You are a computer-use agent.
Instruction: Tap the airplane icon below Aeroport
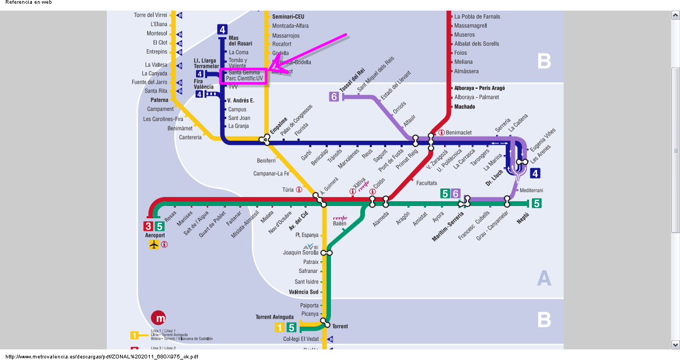click(154, 244)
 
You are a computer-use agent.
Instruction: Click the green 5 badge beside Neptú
click(537, 203)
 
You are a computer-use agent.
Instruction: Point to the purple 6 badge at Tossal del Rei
click(334, 97)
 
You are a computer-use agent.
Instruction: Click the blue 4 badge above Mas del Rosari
click(222, 30)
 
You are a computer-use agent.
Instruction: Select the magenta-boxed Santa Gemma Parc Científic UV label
click(244, 75)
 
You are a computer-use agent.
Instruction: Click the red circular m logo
click(158, 318)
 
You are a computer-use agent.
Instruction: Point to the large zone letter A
click(544, 278)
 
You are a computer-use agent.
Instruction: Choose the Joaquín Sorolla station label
click(301, 253)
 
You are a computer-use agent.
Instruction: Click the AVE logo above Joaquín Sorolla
click(310, 246)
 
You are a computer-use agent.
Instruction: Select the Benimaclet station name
click(458, 132)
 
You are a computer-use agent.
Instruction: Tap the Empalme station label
click(278, 126)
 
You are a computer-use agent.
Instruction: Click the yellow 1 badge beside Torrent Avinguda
click(280, 328)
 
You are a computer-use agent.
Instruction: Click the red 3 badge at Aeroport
click(148, 226)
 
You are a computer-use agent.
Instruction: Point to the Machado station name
click(464, 107)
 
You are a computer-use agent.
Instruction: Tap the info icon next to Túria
click(299, 190)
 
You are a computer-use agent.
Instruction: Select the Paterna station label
click(159, 100)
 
